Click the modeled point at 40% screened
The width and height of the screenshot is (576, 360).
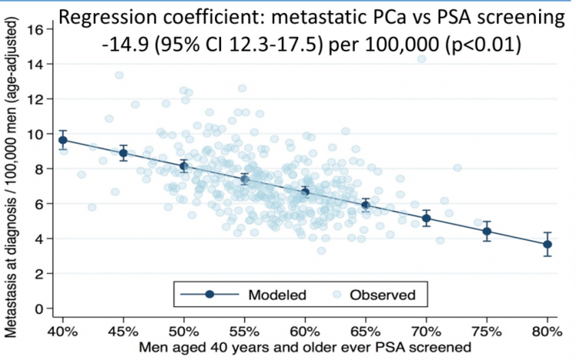pyautogui.click(x=63, y=140)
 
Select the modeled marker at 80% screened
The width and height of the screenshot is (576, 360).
pyautogui.click(x=548, y=244)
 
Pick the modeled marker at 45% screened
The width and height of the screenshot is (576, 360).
pyautogui.click(x=123, y=153)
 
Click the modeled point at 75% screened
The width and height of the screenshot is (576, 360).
pyautogui.click(x=487, y=231)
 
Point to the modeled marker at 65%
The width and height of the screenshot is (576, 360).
pyautogui.click(x=366, y=205)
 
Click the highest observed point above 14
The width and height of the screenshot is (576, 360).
pyautogui.click(x=422, y=58)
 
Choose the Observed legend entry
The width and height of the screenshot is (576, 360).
pyautogui.click(x=379, y=294)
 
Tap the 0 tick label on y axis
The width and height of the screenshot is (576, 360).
pyautogui.click(x=37, y=309)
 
